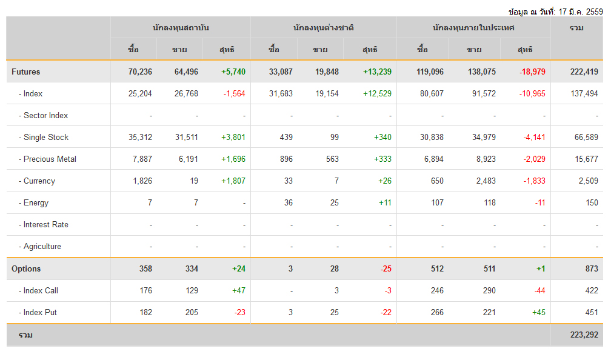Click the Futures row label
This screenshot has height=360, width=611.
pos(26,72)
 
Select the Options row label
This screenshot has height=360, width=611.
pos(26,268)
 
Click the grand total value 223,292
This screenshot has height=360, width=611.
pos(584,335)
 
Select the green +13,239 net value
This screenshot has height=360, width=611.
pos(377,72)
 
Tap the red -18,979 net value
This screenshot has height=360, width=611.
pos(532,72)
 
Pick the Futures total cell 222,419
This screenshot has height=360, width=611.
pos(584,72)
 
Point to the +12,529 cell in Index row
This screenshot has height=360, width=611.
pos(377,93)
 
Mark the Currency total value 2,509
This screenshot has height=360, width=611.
pos(588,181)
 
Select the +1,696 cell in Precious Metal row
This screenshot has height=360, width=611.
pos(233,159)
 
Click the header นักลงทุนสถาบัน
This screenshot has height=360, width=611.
pos(181,28)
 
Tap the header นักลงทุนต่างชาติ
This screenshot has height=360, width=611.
pos(323,28)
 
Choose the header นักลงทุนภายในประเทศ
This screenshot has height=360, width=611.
pos(473,28)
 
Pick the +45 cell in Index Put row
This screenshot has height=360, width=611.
pos(538,312)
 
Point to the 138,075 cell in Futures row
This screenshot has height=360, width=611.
pos(481,72)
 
